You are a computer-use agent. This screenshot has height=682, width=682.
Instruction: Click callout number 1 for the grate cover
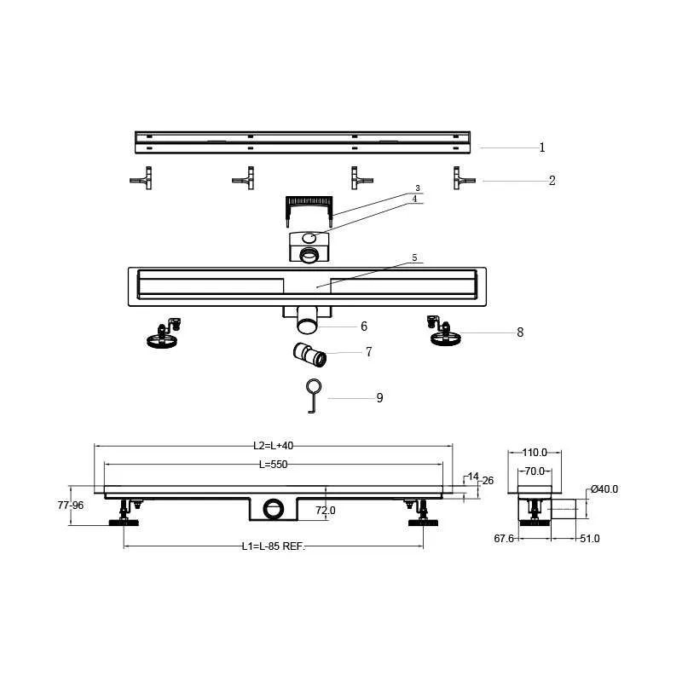542,147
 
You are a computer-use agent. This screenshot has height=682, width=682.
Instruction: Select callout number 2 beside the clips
552,181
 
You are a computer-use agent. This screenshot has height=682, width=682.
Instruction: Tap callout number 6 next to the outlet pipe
364,327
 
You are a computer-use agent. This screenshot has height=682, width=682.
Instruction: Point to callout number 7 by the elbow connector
369,351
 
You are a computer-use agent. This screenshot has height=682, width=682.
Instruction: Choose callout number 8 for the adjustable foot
520,332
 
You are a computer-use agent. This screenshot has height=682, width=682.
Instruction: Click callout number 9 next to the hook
379,398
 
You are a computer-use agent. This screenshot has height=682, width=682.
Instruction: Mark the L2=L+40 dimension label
273,446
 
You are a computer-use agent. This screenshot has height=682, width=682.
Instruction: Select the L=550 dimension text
273,465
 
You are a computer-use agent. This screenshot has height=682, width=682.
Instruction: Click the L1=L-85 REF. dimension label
274,546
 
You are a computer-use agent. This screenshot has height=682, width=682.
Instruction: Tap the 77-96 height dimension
71,506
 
